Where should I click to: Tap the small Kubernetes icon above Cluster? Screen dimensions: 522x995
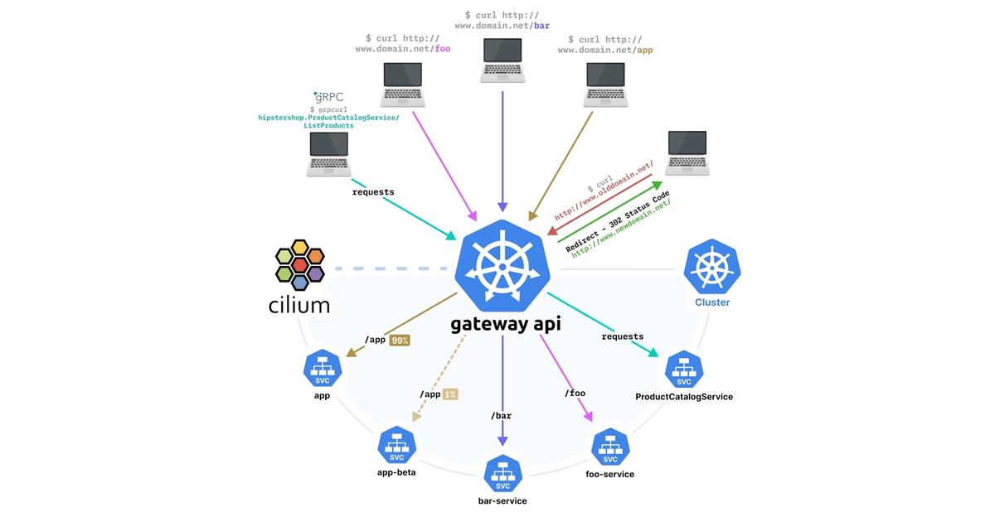[x=711, y=268]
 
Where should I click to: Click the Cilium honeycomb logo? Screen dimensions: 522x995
[x=301, y=264]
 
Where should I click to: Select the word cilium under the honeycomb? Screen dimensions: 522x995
[x=299, y=305]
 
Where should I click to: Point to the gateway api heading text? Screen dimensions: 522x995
[x=505, y=323]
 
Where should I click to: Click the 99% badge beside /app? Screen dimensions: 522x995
[x=399, y=340]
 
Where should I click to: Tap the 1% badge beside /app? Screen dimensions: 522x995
[x=451, y=394]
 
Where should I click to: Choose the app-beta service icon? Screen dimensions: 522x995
[x=396, y=447]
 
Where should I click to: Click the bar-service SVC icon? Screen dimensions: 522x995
[x=502, y=476]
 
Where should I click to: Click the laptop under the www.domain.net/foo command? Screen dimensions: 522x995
[x=403, y=85]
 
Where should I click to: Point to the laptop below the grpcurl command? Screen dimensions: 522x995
[x=329, y=155]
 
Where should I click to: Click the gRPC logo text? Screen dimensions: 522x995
[x=328, y=96]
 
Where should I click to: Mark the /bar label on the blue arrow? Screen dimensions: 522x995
[x=501, y=415]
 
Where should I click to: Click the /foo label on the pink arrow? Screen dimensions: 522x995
[x=575, y=393]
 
